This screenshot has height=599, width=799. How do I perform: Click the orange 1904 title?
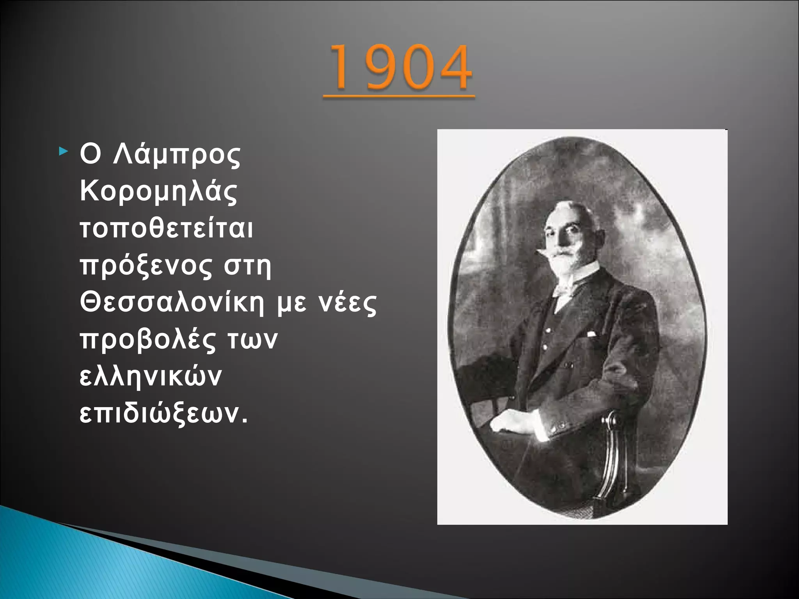tap(399, 68)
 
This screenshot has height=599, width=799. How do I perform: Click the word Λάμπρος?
tap(176, 155)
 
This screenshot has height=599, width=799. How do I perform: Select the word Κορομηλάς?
tap(158, 192)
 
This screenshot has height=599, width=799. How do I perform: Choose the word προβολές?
tap(148, 340)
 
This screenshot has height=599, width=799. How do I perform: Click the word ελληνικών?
tap(151, 377)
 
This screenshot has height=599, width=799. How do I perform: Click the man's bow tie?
tap(564, 289)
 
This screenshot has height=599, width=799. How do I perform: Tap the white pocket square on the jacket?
tap(591, 334)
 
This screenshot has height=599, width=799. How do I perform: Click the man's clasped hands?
tap(515, 423)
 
